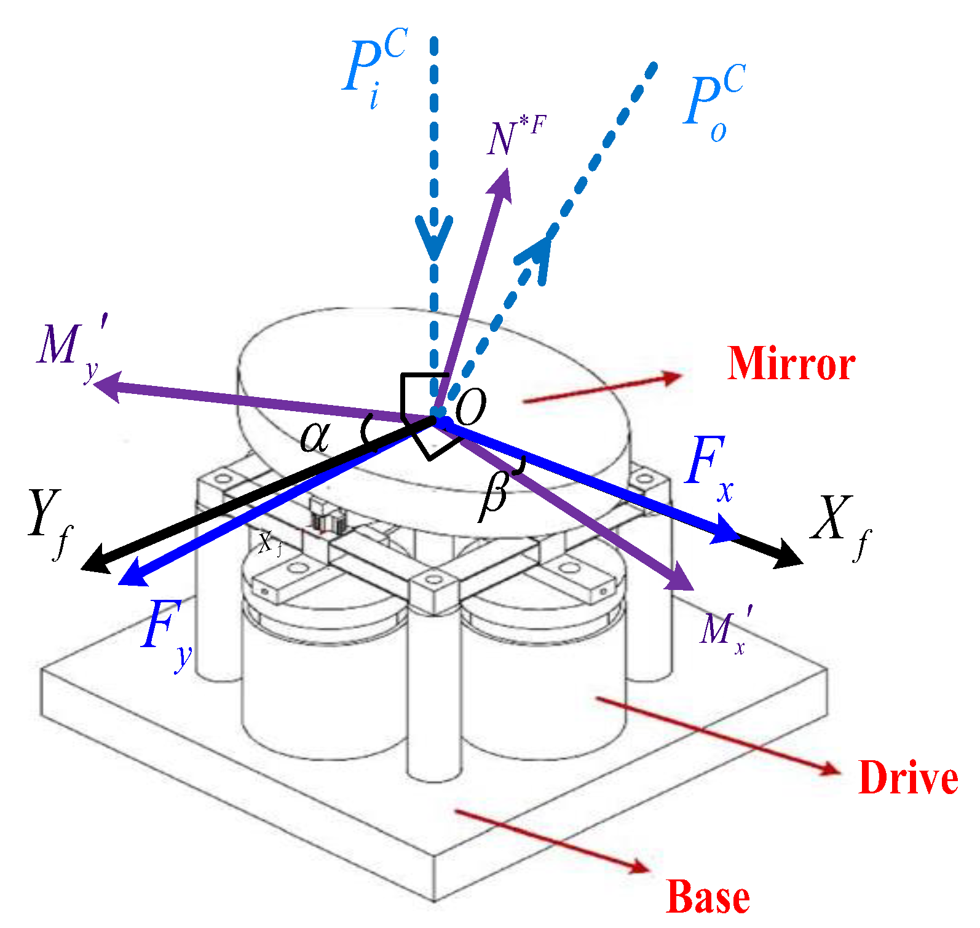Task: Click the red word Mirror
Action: point(791,364)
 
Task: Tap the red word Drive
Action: point(907,778)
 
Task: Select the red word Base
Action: point(708,897)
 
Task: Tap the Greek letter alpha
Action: point(315,438)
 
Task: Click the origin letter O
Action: point(470,407)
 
